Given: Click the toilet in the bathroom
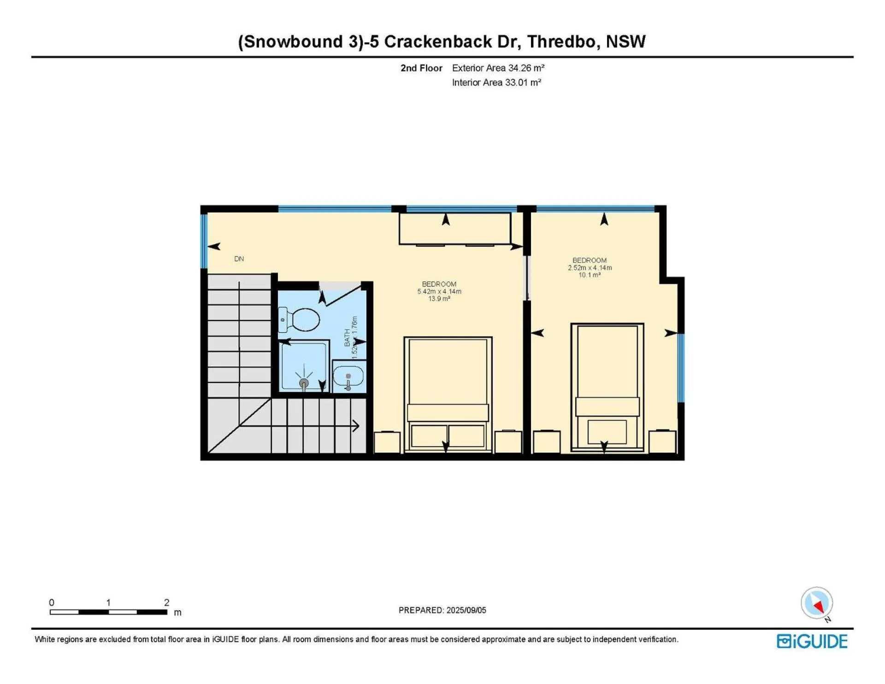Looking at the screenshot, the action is [x=299, y=319].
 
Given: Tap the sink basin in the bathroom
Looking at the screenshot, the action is [x=348, y=376].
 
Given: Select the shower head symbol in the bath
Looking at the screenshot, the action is [x=304, y=383].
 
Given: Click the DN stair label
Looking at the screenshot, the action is [x=239, y=259].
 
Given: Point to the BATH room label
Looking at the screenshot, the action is [x=347, y=338].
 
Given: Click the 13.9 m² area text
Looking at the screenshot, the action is [x=439, y=299].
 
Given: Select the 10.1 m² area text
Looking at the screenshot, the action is [x=590, y=275].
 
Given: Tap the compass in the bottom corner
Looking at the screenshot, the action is [x=817, y=603].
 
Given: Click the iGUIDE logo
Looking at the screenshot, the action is [x=812, y=641].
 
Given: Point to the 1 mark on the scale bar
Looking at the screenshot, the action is [x=108, y=602].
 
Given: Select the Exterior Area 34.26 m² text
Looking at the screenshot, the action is [x=498, y=68].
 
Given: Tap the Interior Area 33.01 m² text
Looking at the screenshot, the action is [x=496, y=83].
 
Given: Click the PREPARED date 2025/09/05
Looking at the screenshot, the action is [x=466, y=610].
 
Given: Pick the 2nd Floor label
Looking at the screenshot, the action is [x=421, y=68].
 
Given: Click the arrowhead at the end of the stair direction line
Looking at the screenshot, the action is [x=356, y=426].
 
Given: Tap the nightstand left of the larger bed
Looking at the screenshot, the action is [x=387, y=442].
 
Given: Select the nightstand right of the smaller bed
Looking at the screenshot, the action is [x=662, y=442].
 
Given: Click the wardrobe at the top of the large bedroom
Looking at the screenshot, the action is [x=455, y=228].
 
